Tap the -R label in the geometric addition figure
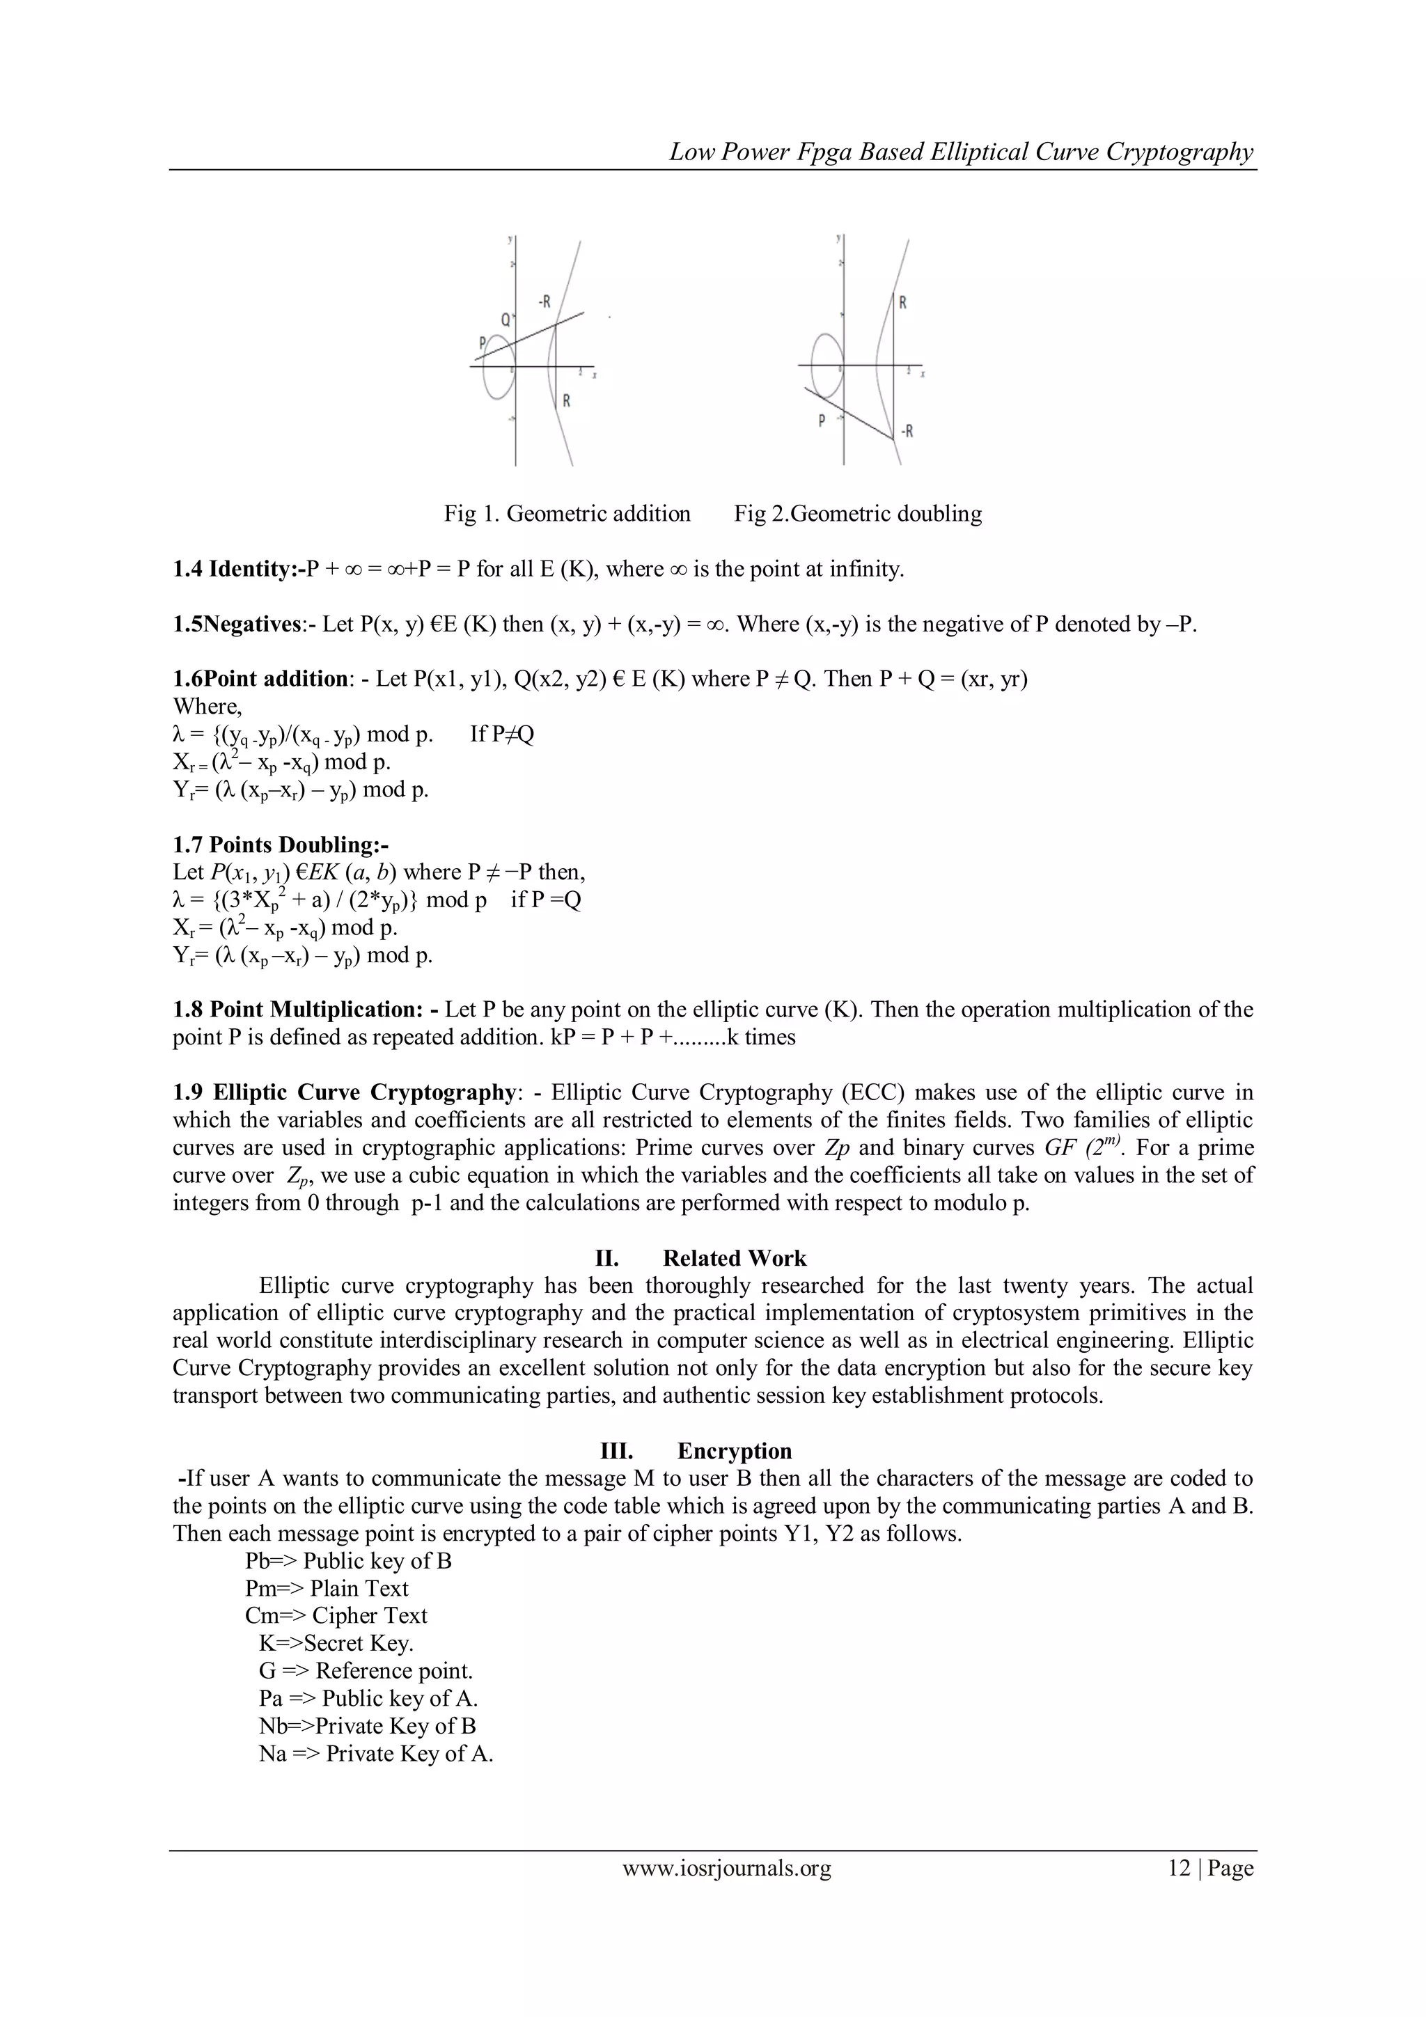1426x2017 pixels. click(544, 302)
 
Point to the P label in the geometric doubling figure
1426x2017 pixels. click(822, 420)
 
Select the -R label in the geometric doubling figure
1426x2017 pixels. click(905, 432)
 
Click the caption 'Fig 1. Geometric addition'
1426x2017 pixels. click(567, 513)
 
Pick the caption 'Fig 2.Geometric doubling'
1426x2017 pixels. click(858, 513)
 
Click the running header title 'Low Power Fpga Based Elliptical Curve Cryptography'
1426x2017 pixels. click(961, 152)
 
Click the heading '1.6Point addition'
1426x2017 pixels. click(260, 679)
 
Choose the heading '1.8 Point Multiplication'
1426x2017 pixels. click(304, 1010)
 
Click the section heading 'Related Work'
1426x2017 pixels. click(734, 1259)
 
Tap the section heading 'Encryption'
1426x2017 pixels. click(734, 1451)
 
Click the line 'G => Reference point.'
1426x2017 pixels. click(366, 1671)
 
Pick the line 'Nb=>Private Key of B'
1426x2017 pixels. click(367, 1726)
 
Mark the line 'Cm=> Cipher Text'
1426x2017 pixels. click(336, 1615)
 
